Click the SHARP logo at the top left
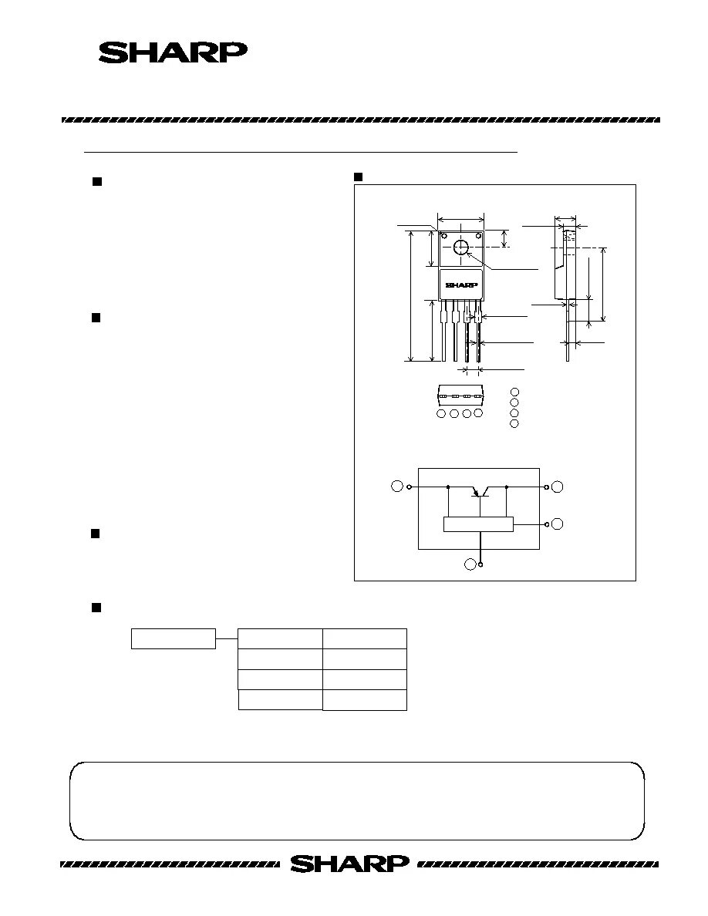(173, 52)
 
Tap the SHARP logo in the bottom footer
(349, 864)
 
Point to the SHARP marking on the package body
(461, 285)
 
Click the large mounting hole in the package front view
(461, 248)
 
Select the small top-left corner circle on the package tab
(443, 234)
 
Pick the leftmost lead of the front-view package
(443, 332)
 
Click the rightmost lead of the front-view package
(479, 332)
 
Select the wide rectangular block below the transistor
(478, 524)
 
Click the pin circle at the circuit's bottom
(470, 564)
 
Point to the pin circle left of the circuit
(397, 487)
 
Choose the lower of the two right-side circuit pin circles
(557, 524)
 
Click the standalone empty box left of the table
(173, 638)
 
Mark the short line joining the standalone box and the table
(227, 638)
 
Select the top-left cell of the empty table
(280, 638)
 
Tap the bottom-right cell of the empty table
(364, 699)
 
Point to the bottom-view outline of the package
(460, 395)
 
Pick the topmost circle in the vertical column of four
(514, 393)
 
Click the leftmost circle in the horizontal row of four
(441, 414)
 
